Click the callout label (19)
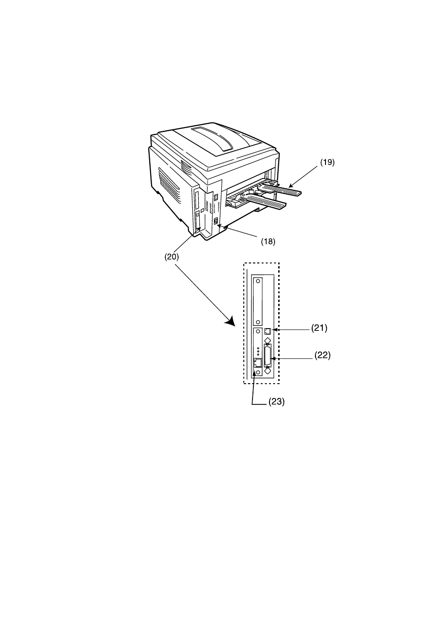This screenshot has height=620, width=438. click(327, 162)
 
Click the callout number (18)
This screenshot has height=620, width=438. click(268, 242)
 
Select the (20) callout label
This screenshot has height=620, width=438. click(172, 257)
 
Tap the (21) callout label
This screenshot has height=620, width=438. click(319, 328)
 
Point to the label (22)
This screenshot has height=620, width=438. click(322, 355)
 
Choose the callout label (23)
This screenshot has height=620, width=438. click(276, 402)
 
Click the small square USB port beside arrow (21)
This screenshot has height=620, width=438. click(268, 331)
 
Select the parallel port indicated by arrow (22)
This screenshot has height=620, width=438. click(268, 356)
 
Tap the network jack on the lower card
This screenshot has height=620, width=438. click(258, 362)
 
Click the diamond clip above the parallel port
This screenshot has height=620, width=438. click(268, 340)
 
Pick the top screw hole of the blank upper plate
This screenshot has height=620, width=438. click(258, 281)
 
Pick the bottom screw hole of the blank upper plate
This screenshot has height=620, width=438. click(258, 322)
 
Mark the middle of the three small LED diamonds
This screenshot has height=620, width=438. click(258, 351)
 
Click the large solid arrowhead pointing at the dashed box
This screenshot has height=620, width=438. click(230, 321)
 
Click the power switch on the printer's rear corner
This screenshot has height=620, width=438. click(217, 197)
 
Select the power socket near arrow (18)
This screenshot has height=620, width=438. click(216, 221)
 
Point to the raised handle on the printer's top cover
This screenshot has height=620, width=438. click(213, 139)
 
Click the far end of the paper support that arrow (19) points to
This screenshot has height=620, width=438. click(298, 193)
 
